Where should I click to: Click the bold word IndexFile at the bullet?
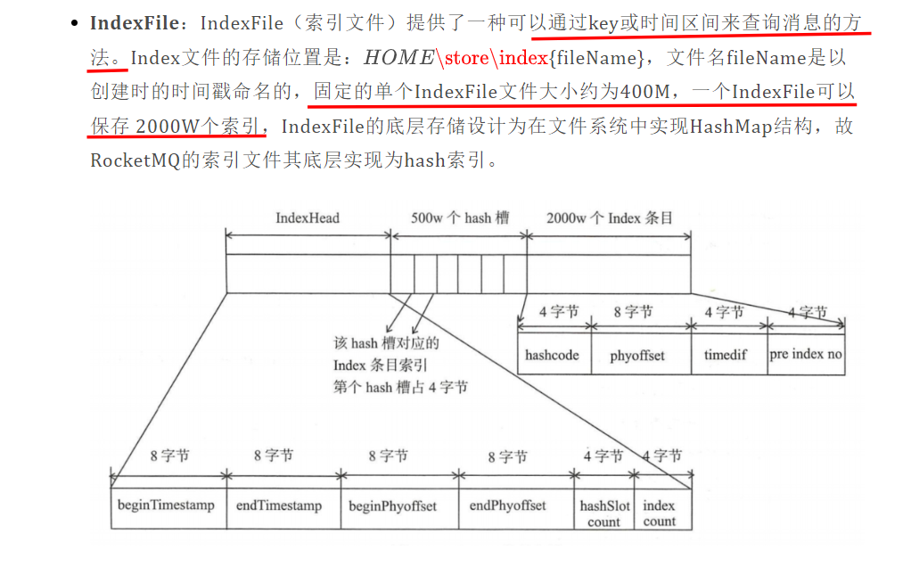135,22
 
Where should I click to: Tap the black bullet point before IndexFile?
74,23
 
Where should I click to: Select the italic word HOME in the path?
399,57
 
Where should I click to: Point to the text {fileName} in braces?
596,57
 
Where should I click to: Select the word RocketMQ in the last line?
135,160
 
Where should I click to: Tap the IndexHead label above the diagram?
308,218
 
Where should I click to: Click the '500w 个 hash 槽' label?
460,218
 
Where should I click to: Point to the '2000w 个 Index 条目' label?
610,218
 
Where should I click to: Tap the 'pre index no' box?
806,354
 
